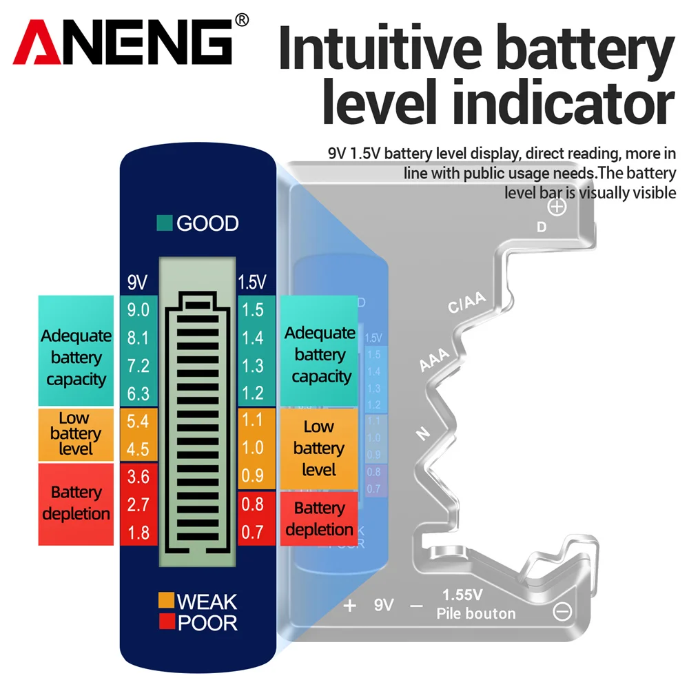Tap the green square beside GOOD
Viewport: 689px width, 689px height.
click(x=164, y=223)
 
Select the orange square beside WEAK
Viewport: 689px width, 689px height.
click(x=165, y=601)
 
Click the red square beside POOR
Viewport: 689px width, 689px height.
click(x=165, y=622)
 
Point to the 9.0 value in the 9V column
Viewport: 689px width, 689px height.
click(x=138, y=310)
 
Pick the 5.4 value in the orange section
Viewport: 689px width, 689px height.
click(x=138, y=420)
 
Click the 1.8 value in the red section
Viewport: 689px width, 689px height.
click(x=138, y=533)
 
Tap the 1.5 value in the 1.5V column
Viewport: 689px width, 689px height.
click(x=253, y=310)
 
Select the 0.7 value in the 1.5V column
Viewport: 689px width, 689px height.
click(x=253, y=533)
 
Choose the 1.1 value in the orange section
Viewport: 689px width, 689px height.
click(x=253, y=420)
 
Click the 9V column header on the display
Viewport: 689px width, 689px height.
click(x=137, y=282)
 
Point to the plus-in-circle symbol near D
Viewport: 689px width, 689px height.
click(x=557, y=207)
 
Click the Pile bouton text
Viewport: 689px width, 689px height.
click(x=475, y=613)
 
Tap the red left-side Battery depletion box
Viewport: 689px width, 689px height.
click(x=76, y=504)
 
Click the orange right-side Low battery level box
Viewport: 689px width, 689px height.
click(x=318, y=449)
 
